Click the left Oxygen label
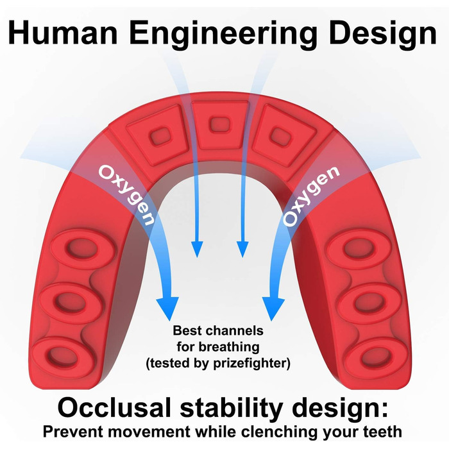(126, 195)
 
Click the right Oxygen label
(311, 196)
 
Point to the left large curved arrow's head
(168, 308)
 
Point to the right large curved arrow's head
(273, 309)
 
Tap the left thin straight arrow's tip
(197, 257)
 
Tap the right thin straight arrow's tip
(242, 257)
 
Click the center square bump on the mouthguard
(219, 125)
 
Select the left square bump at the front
(159, 135)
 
